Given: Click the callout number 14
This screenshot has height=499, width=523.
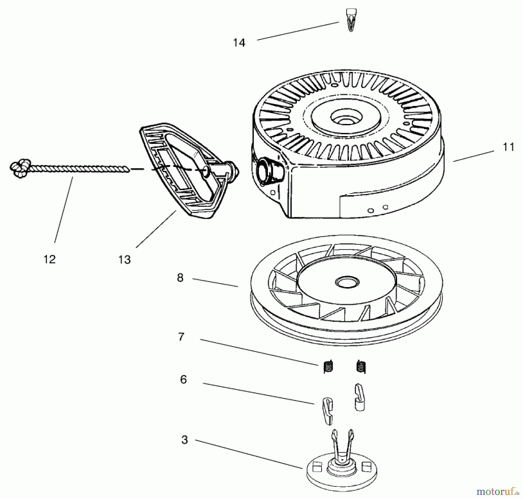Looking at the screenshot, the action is coord(239,43).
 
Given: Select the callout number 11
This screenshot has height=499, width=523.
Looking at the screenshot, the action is coord(508,147).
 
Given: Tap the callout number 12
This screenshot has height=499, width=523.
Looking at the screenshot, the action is coord(49,259).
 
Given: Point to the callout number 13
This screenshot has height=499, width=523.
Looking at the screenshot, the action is coord(124,260).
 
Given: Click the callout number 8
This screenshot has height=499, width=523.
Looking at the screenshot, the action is coord(180,278).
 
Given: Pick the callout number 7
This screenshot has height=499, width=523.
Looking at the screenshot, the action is coord(181,337).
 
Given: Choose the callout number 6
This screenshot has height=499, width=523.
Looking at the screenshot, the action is coord(183,380).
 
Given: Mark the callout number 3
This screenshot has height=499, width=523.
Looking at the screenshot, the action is coord(185,440).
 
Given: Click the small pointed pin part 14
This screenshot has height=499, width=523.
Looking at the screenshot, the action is coord(351,20).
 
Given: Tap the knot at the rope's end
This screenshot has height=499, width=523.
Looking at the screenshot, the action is coord(20,168).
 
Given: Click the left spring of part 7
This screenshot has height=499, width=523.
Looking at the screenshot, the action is coord(328,367).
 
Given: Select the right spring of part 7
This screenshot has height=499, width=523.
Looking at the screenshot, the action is coord(361,367).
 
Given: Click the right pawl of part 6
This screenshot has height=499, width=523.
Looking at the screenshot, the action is coord(360,397).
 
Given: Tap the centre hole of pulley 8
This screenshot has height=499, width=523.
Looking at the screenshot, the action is coord(347,281).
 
